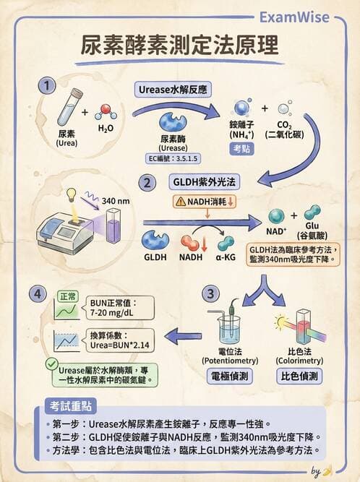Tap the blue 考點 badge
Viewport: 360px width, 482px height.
coord(241,149)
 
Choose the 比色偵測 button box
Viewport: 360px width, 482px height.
coord(301,376)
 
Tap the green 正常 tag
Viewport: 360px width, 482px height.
coord(68,296)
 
